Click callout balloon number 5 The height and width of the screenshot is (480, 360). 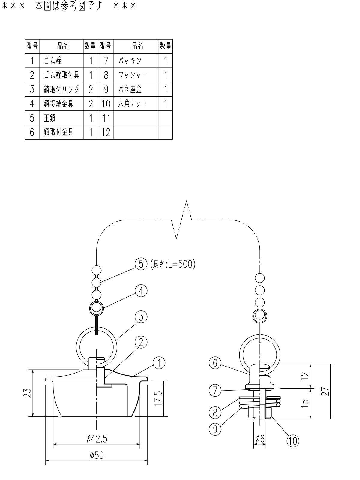[x=141, y=264]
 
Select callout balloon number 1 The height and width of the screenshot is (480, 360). [x=159, y=363]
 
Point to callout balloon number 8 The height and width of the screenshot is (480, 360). [x=215, y=412]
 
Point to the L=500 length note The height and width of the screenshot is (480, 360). [x=173, y=264]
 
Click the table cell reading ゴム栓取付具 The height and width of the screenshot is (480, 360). [x=61, y=75]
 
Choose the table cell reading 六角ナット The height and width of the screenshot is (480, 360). [x=136, y=103]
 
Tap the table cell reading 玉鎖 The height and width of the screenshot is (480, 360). [x=61, y=118]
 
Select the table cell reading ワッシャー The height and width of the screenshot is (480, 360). [x=136, y=75]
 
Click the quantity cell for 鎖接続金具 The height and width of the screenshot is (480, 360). [x=91, y=103]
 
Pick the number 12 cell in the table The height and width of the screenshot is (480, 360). [x=106, y=132]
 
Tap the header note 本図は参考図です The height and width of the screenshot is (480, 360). [x=68, y=6]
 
